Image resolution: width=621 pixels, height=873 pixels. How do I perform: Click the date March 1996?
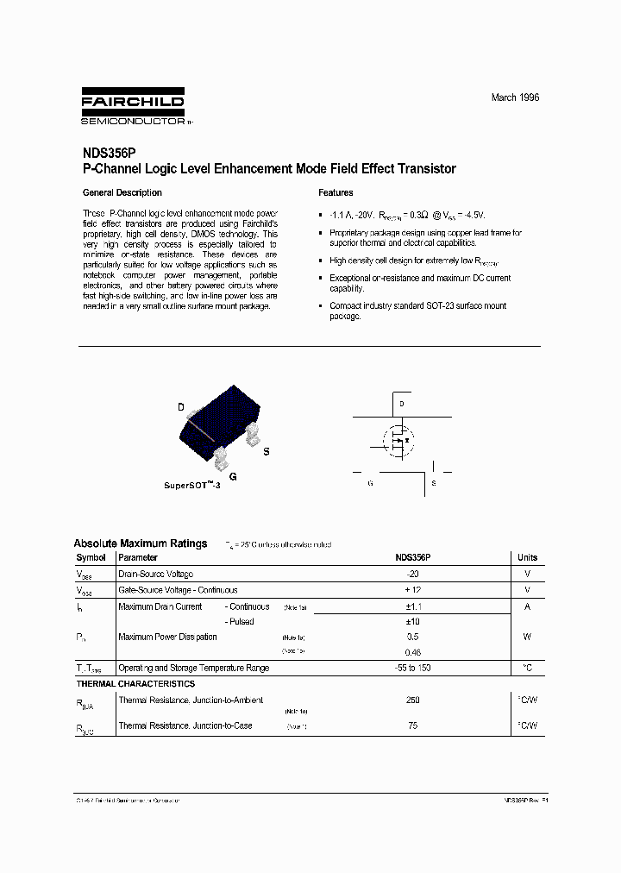(x=515, y=98)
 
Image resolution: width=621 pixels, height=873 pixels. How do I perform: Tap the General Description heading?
(x=122, y=192)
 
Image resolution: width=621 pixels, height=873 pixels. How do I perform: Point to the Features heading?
(x=336, y=192)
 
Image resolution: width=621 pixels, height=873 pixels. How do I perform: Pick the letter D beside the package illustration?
(x=181, y=407)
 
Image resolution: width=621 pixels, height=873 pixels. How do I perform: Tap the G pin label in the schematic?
(x=370, y=484)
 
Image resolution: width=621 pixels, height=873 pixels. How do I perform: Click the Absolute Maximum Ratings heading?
(x=141, y=543)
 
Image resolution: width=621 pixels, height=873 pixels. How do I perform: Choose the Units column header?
(x=527, y=558)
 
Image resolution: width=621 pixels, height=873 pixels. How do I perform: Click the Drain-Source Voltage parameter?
(x=155, y=574)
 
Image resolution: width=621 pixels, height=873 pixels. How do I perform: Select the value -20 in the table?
(x=412, y=574)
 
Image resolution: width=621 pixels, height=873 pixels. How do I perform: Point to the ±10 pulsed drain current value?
(x=412, y=622)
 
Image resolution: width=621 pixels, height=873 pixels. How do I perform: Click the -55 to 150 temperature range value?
(x=412, y=668)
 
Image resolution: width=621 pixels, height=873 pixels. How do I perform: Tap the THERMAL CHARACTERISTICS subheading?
(x=135, y=683)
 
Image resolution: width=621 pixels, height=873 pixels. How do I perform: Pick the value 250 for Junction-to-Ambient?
(x=412, y=700)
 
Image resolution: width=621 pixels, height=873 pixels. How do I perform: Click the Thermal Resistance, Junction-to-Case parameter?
(x=185, y=725)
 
